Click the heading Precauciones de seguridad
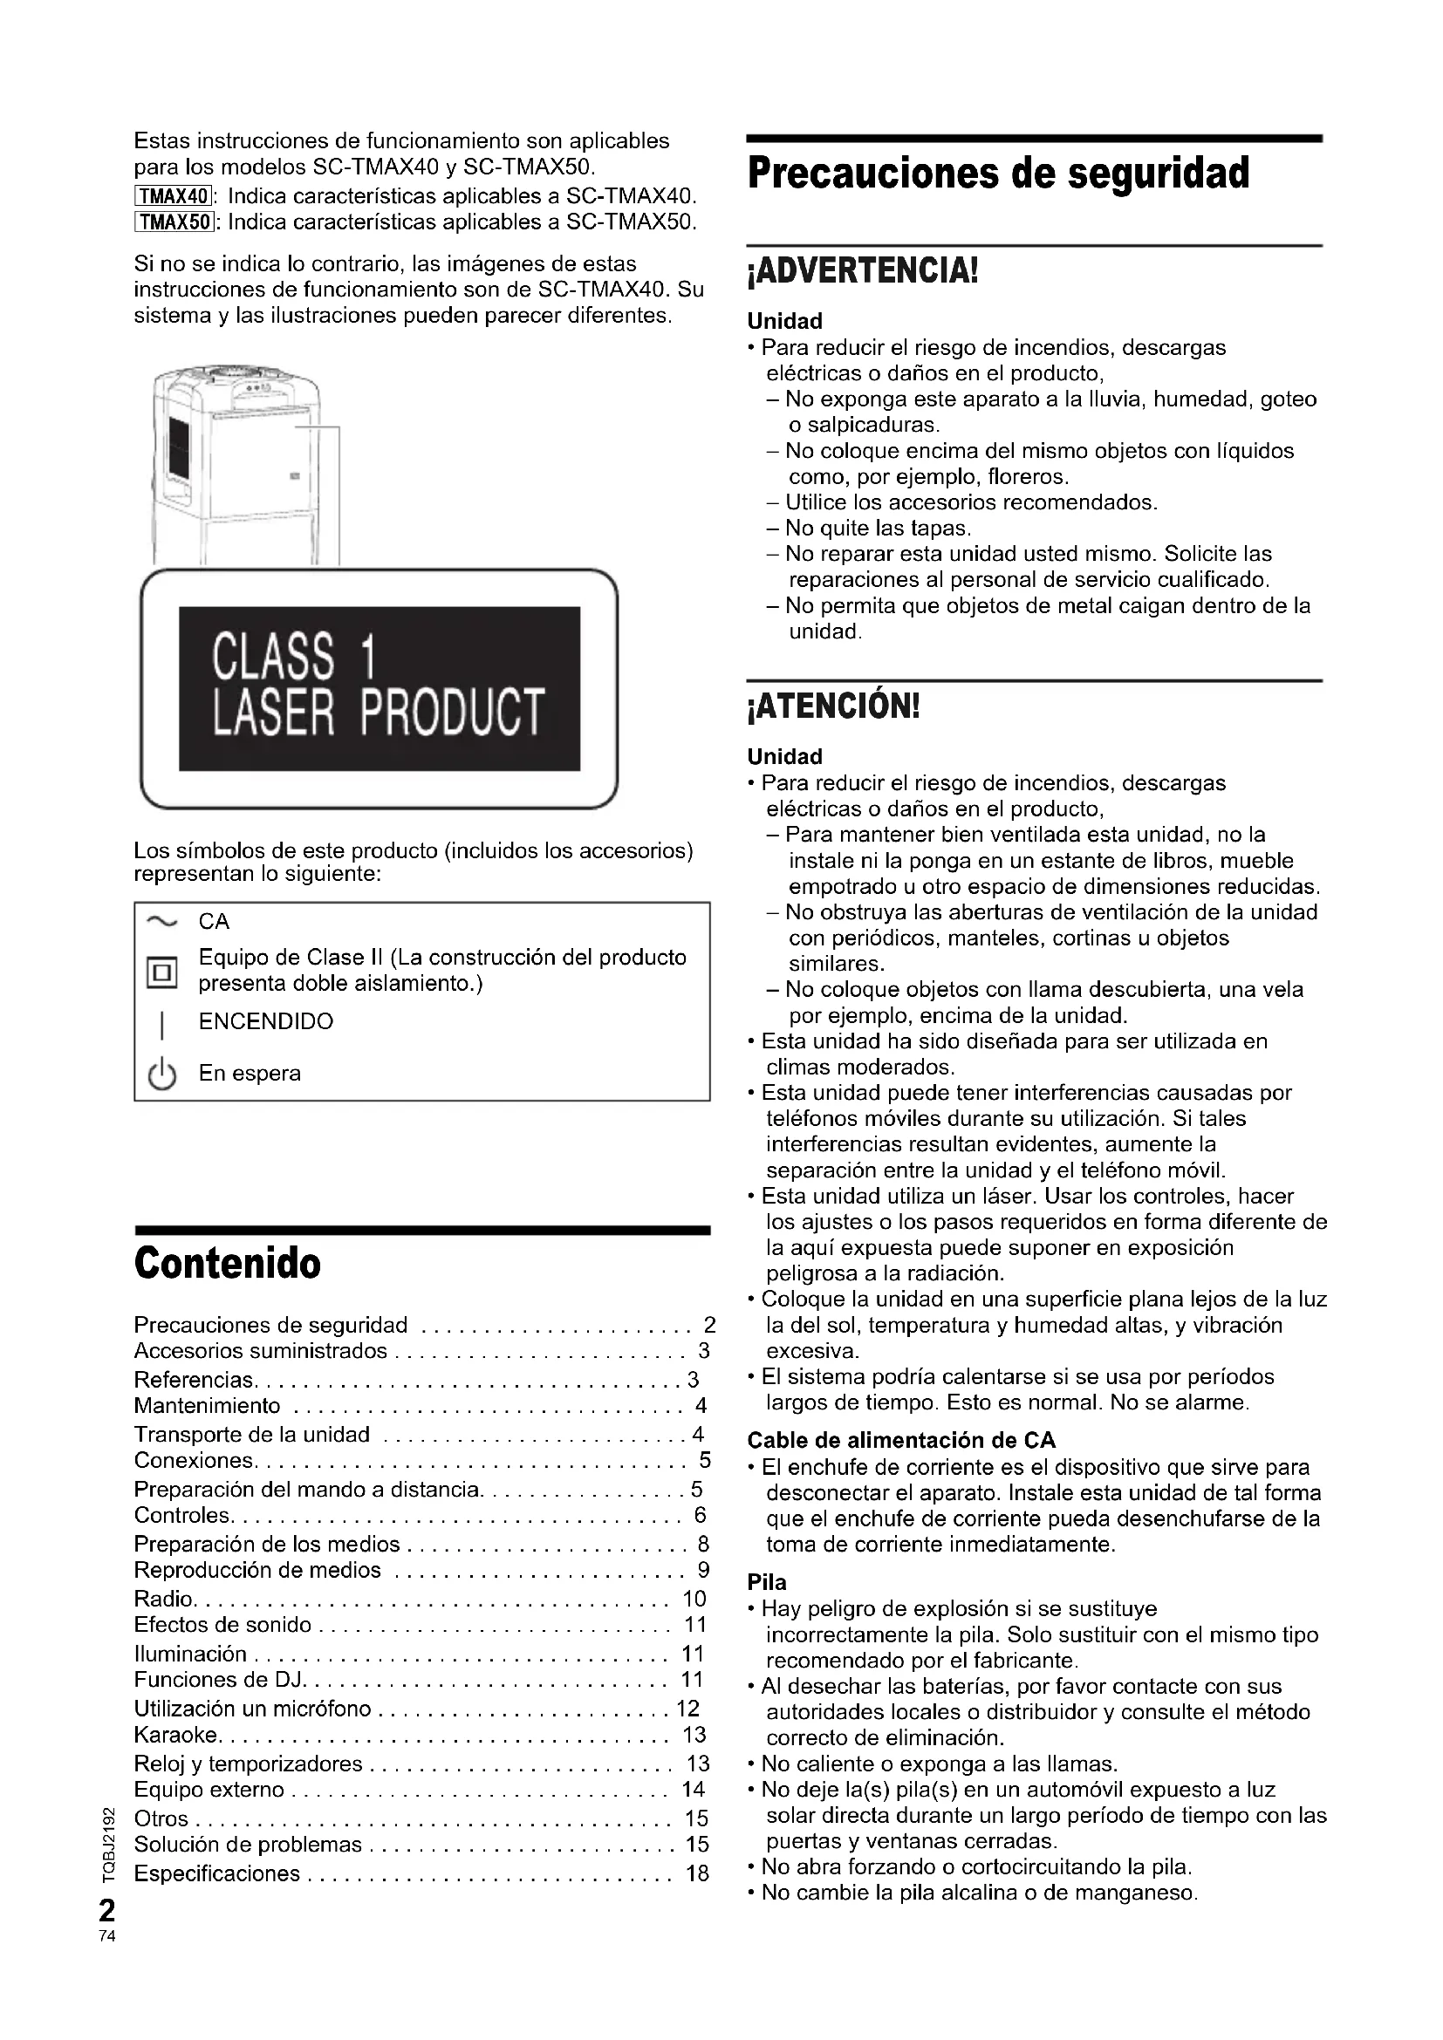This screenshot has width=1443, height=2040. [998, 174]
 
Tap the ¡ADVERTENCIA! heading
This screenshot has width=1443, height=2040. [862, 270]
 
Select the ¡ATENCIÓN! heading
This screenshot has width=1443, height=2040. [833, 706]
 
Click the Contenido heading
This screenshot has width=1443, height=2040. [228, 1263]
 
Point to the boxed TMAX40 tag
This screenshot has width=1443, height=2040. [174, 195]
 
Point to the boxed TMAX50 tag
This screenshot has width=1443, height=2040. [174, 222]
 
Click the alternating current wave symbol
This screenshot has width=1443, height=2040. [161, 921]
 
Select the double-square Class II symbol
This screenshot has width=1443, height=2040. [161, 972]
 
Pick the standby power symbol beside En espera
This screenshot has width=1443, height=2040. [161, 1075]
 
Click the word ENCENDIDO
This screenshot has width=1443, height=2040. [266, 1022]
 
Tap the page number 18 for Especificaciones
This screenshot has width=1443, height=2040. [698, 1873]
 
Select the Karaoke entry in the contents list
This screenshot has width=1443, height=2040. [176, 1736]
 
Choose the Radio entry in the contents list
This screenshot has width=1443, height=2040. [163, 1600]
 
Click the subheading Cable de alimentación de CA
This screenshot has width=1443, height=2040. [901, 1440]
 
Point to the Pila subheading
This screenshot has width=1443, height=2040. [766, 1582]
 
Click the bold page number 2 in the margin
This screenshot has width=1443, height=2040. [107, 1910]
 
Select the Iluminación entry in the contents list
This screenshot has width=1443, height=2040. [190, 1655]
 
